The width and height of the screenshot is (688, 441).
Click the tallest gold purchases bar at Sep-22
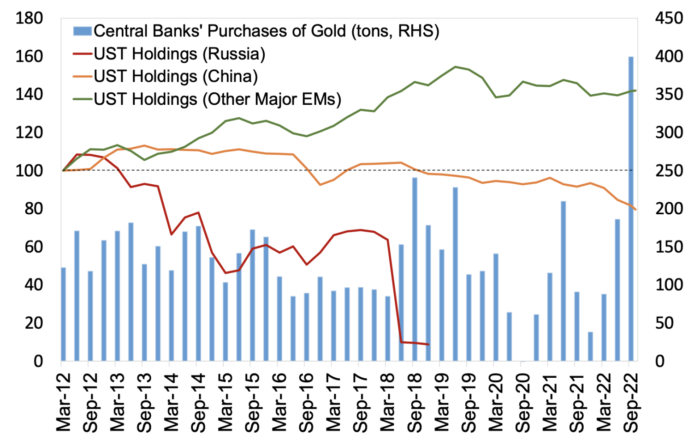point(630,208)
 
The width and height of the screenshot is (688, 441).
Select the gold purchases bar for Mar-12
point(63,314)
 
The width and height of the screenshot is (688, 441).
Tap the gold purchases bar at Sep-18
point(415,269)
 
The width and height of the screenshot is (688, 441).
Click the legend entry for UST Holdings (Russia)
point(179,54)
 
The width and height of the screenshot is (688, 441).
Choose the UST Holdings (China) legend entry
point(175,76)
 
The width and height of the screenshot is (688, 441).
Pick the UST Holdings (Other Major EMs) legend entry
point(217,99)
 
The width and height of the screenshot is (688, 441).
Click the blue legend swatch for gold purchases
point(83,31)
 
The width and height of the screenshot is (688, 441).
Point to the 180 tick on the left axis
point(29,18)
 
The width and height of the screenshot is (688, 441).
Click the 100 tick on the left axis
point(29,170)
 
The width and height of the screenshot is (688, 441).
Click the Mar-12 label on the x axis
point(64,402)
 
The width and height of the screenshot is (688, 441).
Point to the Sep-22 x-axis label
point(631,402)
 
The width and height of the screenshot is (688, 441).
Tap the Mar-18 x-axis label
point(388,402)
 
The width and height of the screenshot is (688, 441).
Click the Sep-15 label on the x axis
point(253,402)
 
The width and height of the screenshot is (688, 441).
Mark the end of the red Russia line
point(428,344)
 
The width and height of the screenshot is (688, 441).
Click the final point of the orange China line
point(636,210)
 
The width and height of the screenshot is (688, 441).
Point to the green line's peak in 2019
point(455,66)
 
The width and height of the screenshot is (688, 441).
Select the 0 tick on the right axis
point(660,361)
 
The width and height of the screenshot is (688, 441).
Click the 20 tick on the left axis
point(34,323)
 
